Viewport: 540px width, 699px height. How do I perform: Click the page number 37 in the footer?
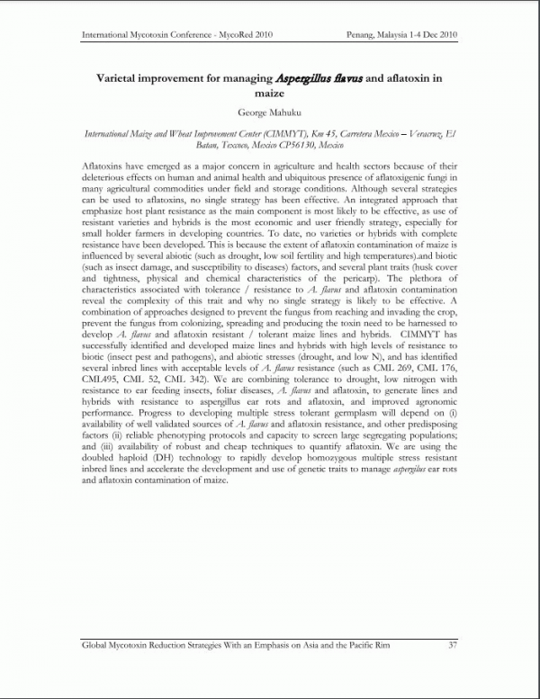[x=453, y=644]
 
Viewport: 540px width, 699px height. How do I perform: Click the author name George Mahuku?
[x=269, y=112]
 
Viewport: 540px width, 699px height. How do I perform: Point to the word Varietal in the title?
[x=124, y=78]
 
